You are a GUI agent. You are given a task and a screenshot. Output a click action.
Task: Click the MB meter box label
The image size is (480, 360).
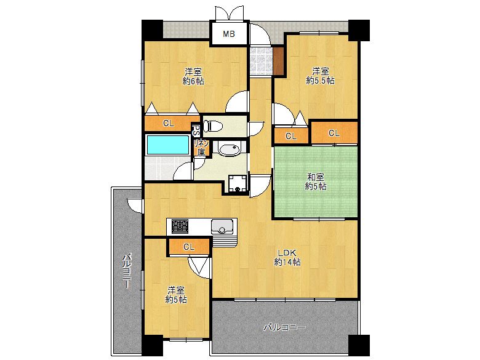(x=229, y=34)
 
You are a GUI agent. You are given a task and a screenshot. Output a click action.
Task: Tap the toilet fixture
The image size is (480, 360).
(x=213, y=126)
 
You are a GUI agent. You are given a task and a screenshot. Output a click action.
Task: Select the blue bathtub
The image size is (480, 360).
(x=168, y=145)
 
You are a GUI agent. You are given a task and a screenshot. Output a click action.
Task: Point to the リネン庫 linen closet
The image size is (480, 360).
(x=201, y=148)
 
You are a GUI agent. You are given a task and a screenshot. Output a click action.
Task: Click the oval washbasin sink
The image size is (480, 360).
(x=228, y=150)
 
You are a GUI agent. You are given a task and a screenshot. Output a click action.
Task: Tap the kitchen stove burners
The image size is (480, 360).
(x=180, y=226)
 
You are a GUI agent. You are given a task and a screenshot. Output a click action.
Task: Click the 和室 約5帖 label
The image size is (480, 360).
(x=315, y=182)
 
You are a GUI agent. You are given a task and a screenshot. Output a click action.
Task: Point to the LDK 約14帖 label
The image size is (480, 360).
(x=287, y=258)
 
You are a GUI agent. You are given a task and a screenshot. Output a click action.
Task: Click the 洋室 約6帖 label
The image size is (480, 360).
(x=193, y=76)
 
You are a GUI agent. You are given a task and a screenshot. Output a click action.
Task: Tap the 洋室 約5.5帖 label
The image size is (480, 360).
(x=320, y=76)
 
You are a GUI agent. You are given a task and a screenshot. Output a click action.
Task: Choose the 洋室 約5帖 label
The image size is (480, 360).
(x=176, y=295)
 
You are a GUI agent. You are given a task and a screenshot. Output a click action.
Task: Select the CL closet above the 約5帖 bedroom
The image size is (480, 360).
(x=189, y=247)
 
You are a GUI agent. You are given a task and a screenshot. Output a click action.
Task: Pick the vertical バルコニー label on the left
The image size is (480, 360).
(x=127, y=271)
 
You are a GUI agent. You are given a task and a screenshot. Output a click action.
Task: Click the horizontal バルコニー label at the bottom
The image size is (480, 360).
(x=285, y=327)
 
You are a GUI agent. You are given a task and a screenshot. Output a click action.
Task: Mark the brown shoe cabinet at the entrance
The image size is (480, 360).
(x=278, y=61)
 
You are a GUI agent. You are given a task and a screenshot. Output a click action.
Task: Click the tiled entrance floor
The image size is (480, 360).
(x=261, y=61)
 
